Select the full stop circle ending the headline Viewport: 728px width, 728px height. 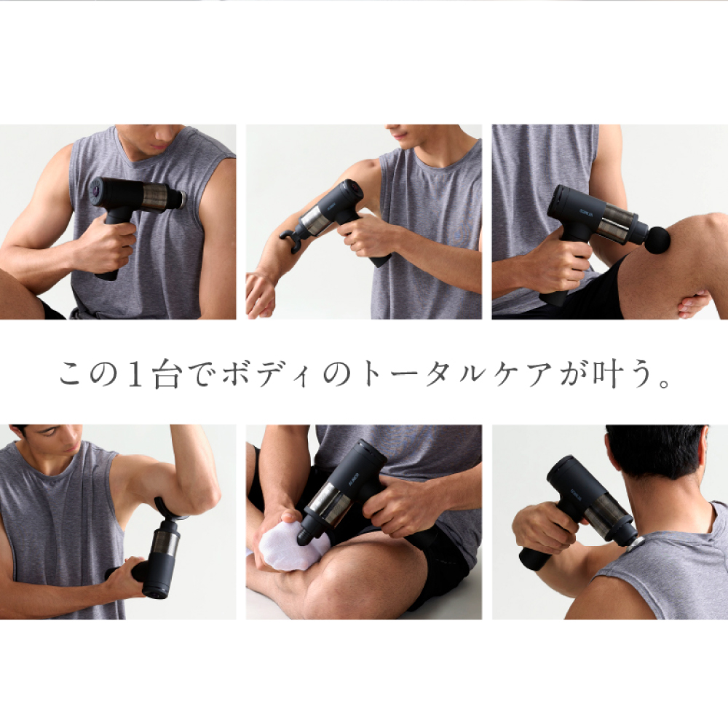(665, 384)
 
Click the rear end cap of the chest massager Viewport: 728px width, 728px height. (96, 191)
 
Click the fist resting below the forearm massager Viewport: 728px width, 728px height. (261, 293)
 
